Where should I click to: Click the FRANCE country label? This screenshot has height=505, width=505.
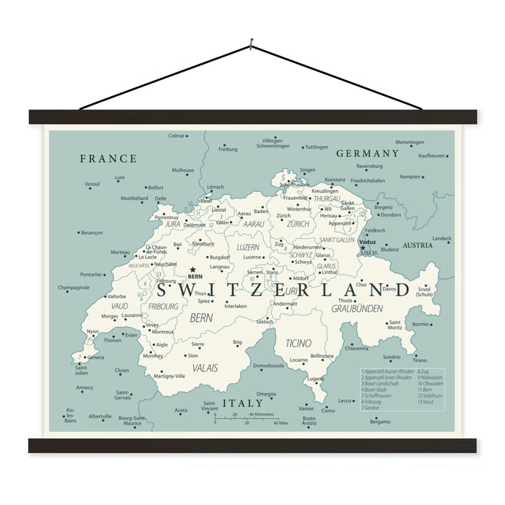pos(108,159)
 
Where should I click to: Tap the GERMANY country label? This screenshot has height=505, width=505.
pos(367,153)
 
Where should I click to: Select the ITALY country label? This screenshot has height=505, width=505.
pos(242,403)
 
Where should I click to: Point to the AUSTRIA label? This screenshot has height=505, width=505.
pos(418,245)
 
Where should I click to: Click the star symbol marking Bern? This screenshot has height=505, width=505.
pos(192,270)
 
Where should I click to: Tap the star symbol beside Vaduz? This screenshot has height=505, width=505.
pos(362,248)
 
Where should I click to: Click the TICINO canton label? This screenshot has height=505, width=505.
pos(298,343)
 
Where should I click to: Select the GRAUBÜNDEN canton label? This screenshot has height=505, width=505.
pos(357,309)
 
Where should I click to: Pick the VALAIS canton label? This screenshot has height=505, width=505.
pos(205,368)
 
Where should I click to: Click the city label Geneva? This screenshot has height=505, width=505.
pos(96,358)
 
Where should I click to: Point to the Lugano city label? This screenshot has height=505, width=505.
pos(316,379)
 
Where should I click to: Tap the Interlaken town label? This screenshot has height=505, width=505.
pos(236,306)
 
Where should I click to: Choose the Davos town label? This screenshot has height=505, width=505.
pos(390,289)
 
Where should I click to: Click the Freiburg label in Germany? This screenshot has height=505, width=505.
pos(228,149)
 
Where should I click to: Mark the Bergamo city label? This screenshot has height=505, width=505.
pos(380,422)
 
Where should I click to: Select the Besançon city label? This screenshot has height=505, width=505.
pos(92,233)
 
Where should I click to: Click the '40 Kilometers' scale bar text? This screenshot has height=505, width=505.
pos(261,414)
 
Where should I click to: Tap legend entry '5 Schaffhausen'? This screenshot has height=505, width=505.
pos(376,396)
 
